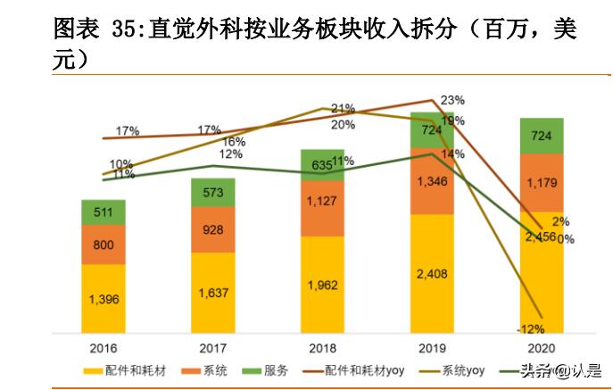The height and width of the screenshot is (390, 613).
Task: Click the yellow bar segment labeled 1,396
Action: tap(104, 300)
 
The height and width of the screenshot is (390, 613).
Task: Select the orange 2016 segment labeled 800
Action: tap(104, 245)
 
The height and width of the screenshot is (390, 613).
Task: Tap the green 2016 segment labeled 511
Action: tap(104, 212)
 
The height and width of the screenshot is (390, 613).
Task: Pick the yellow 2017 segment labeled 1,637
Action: tap(212, 293)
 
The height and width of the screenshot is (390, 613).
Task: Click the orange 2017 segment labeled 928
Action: tap(212, 230)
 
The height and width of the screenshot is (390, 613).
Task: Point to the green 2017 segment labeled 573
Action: tap(212, 193)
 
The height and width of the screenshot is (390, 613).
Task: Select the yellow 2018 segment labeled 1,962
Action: tap(322, 286)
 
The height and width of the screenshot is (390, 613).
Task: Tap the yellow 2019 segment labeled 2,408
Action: tap(432, 274)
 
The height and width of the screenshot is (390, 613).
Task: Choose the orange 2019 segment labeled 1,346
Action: tap(432, 181)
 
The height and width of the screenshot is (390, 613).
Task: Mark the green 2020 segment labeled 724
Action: tap(542, 135)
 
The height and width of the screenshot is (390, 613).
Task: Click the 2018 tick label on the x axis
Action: tap(322, 347)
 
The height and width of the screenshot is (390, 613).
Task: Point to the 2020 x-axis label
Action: tap(542, 347)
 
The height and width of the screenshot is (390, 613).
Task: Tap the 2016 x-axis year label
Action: tap(104, 347)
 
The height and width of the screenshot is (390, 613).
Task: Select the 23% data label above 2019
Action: tap(452, 99)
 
